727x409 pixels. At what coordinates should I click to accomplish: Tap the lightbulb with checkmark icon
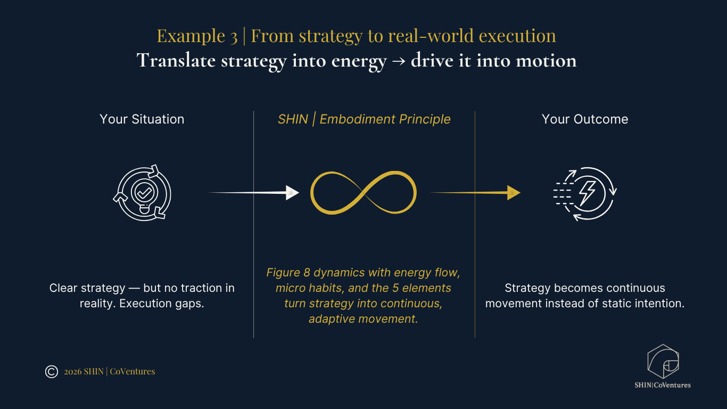[144, 194]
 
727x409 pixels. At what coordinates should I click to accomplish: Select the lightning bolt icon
[588, 193]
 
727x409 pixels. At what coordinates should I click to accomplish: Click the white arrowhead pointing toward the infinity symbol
[292, 193]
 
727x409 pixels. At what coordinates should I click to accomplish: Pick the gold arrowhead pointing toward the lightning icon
[514, 193]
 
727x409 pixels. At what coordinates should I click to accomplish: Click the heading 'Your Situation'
[142, 119]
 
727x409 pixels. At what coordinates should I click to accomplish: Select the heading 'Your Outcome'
[585, 119]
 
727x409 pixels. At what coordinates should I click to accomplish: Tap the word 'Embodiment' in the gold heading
[357, 119]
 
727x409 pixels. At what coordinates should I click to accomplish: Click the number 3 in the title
[234, 36]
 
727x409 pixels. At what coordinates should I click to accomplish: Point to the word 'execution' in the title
[517, 36]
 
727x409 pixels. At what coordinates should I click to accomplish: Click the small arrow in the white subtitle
[399, 61]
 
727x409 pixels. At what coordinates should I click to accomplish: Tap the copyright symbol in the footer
[51, 372]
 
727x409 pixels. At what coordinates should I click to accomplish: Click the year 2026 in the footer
[73, 372]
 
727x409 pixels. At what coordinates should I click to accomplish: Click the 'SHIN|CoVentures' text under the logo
[663, 385]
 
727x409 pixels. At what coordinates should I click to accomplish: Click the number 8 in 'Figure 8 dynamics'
[307, 273]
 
